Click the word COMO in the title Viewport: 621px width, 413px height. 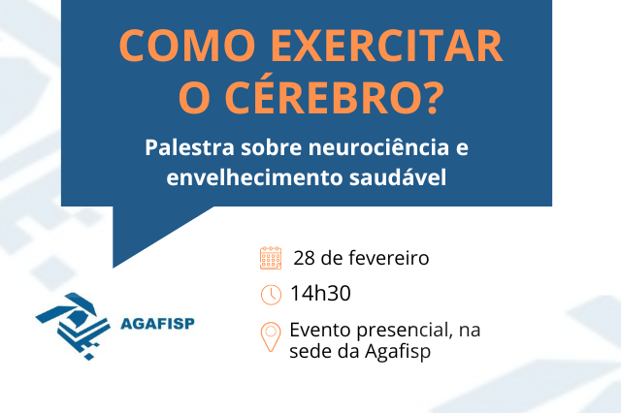pyautogui.click(x=187, y=46)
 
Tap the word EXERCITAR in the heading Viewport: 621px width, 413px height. pyautogui.click(x=387, y=46)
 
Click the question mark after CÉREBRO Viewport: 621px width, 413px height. pyautogui.click(x=431, y=98)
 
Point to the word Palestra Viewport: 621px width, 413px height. pyautogui.click(x=190, y=147)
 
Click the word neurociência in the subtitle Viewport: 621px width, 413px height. pyautogui.click(x=378, y=147)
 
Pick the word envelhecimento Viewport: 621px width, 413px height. pyautogui.click(x=254, y=176)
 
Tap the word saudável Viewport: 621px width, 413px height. pyautogui.click(x=398, y=176)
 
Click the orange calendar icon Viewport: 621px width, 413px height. pyautogui.click(x=271, y=258)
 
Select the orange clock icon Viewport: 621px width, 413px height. pyautogui.click(x=271, y=295)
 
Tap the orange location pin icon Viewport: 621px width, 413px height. pyautogui.click(x=271, y=336)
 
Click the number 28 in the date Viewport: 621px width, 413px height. pyautogui.click(x=304, y=258)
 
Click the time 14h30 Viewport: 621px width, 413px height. pyautogui.click(x=320, y=294)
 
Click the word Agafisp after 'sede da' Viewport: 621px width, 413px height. pyautogui.click(x=398, y=352)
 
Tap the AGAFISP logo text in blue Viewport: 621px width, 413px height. pyautogui.click(x=157, y=324)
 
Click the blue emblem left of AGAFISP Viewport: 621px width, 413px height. pyautogui.click(x=73, y=326)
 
